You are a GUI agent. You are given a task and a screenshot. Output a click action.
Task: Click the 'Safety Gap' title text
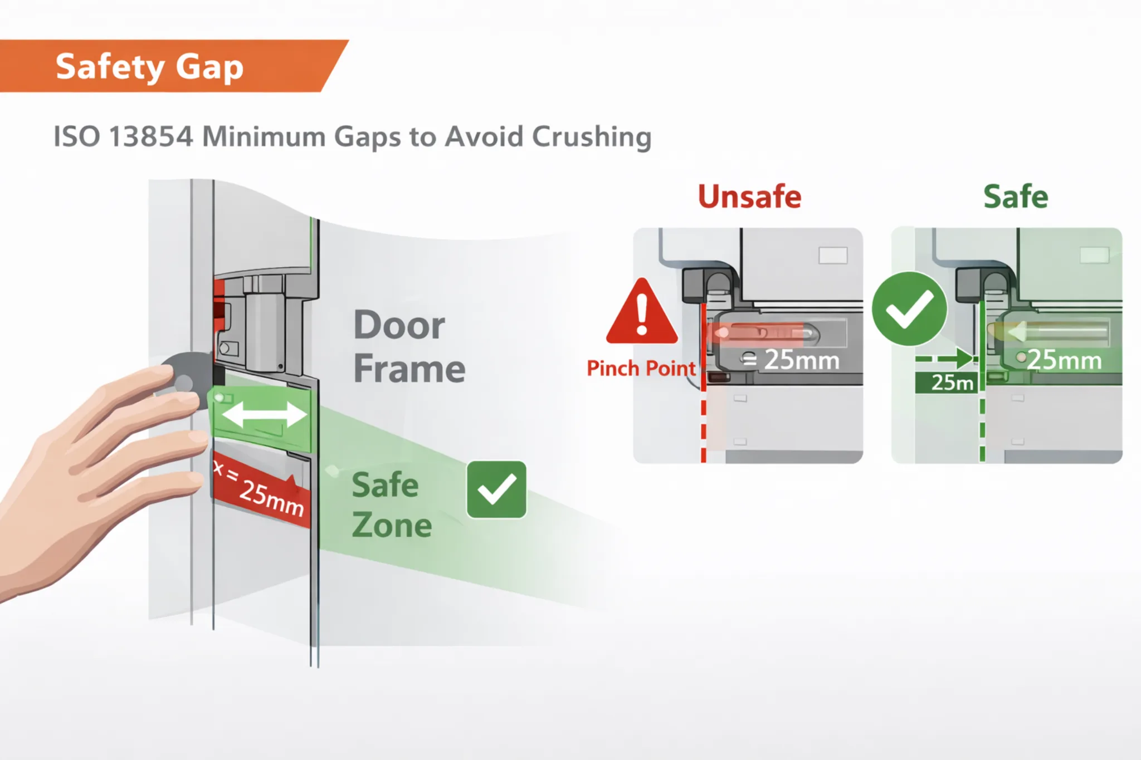(x=149, y=67)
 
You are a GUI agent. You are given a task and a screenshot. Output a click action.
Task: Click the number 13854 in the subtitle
(x=151, y=136)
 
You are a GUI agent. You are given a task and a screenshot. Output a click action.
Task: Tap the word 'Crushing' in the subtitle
(x=591, y=137)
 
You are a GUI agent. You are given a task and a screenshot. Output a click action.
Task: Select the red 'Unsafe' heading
(x=749, y=197)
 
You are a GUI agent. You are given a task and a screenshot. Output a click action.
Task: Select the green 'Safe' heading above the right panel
(x=1016, y=197)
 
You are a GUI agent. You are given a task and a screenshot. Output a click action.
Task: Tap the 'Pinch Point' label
(x=641, y=368)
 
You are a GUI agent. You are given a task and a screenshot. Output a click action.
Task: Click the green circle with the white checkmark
(x=909, y=309)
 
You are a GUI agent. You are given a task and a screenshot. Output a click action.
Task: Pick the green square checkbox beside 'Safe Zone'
(x=496, y=489)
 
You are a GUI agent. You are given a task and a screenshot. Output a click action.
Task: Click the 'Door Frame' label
(x=409, y=346)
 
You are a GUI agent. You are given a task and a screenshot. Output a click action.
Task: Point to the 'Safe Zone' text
(x=392, y=504)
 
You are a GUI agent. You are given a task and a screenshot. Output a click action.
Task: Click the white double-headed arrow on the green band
(x=264, y=415)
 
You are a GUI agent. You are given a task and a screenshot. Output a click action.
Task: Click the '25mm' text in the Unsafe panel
(x=802, y=360)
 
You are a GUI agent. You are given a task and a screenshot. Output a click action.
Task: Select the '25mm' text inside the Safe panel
(x=1065, y=360)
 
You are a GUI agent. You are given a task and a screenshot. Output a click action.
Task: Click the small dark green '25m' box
(x=946, y=383)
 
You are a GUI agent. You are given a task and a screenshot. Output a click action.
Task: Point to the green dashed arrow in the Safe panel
(x=945, y=358)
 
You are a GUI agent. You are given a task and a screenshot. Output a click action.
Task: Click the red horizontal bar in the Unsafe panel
(x=754, y=333)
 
